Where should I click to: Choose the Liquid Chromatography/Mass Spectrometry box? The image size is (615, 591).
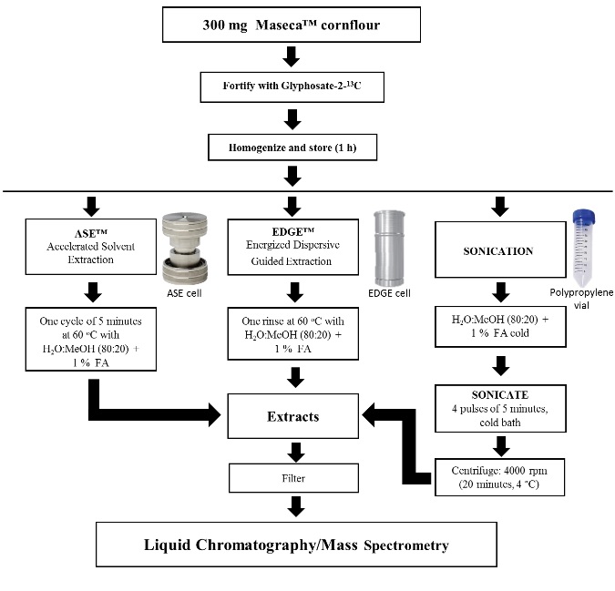pyautogui.click(x=292, y=546)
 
